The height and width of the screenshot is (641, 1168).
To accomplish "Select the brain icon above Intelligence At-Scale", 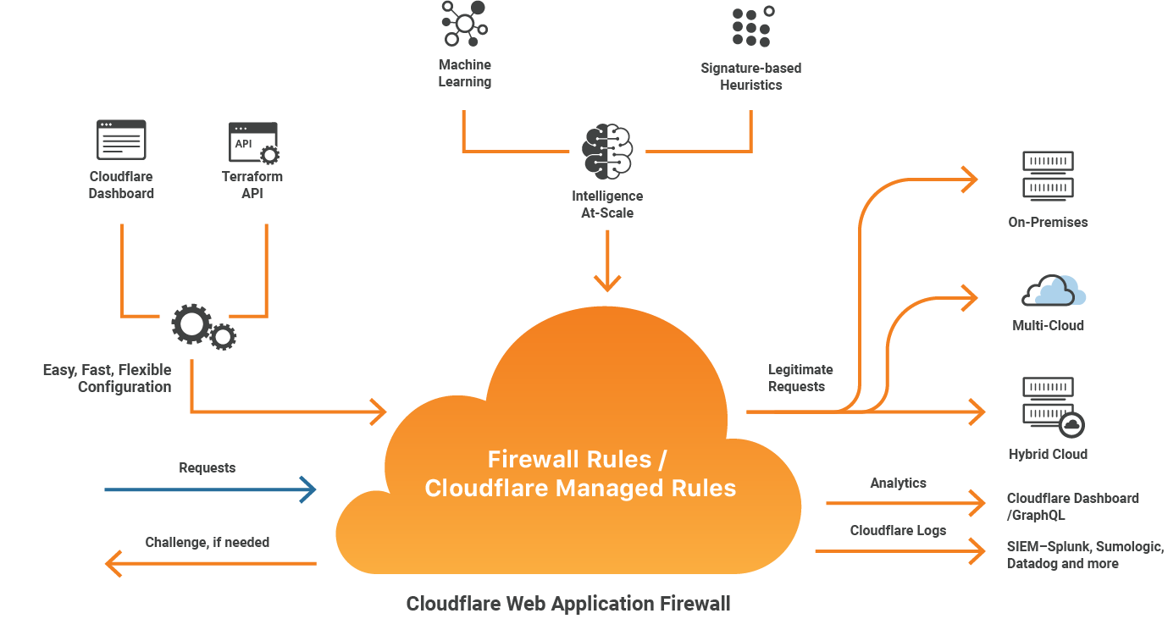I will [x=607, y=152].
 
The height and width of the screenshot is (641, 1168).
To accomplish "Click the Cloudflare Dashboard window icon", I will [x=121, y=140].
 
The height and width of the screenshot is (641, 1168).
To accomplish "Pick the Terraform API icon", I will [x=253, y=143].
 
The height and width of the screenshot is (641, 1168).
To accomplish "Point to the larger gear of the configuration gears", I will [x=191, y=323].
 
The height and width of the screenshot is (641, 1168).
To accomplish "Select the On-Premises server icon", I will [x=1048, y=174].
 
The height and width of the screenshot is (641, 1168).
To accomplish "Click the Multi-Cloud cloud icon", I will [x=1054, y=290].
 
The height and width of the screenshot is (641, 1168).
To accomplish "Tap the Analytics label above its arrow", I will [x=898, y=483].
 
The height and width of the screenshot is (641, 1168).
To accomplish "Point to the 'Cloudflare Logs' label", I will [x=898, y=530].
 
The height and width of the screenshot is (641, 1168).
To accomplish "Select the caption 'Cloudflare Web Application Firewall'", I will [x=567, y=604].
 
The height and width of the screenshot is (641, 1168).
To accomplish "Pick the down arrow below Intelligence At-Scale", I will [x=607, y=262].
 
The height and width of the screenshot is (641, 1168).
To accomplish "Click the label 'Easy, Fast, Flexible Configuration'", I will [x=108, y=379].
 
